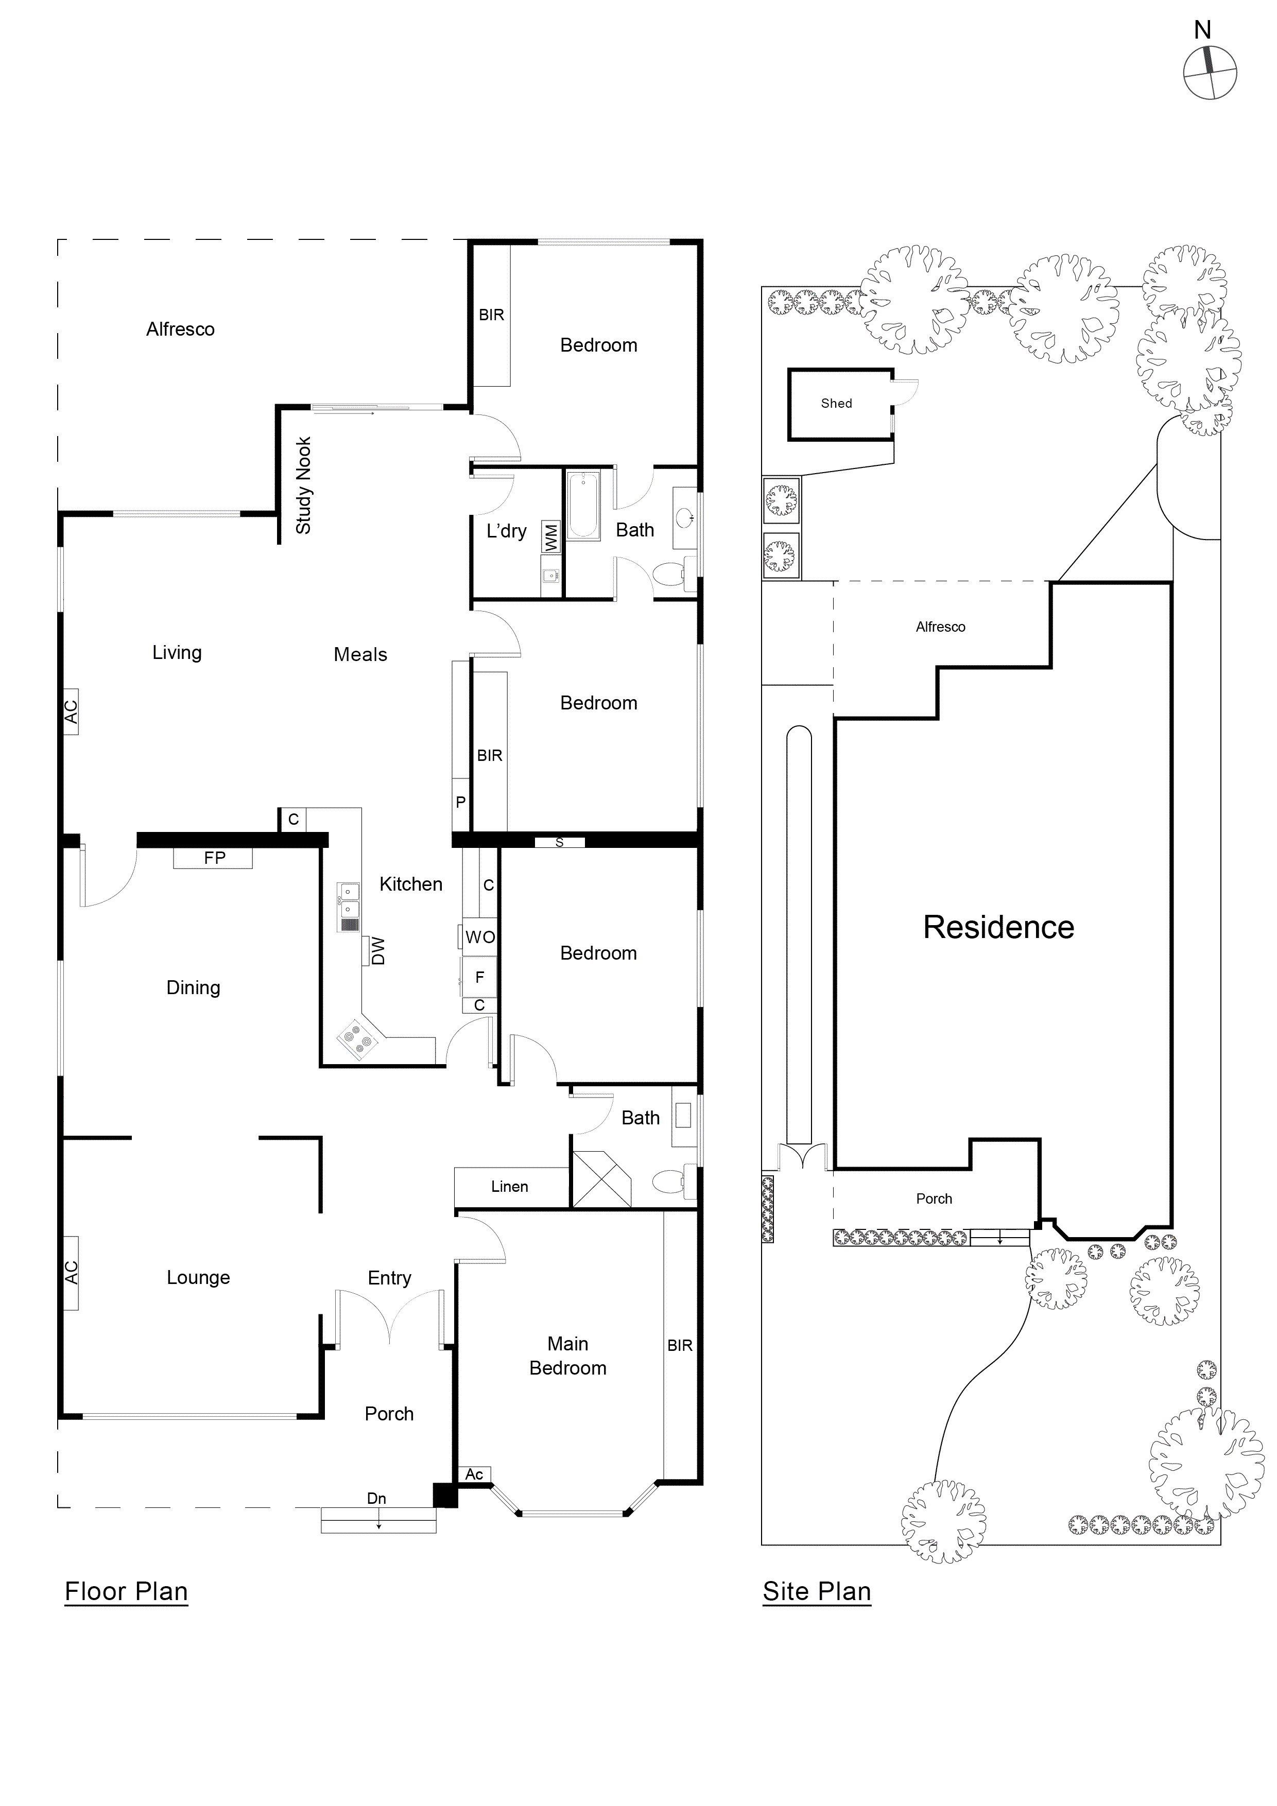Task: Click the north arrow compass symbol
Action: (1210, 73)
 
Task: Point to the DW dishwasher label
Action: (378, 951)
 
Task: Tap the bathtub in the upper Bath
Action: (584, 505)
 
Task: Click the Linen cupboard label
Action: (510, 1187)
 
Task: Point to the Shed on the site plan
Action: (837, 404)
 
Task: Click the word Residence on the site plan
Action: (998, 927)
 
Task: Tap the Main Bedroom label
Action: (567, 1356)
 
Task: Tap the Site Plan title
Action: (817, 1591)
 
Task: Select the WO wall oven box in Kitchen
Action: (480, 937)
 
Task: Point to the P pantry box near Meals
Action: (460, 802)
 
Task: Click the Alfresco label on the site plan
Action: (940, 627)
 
